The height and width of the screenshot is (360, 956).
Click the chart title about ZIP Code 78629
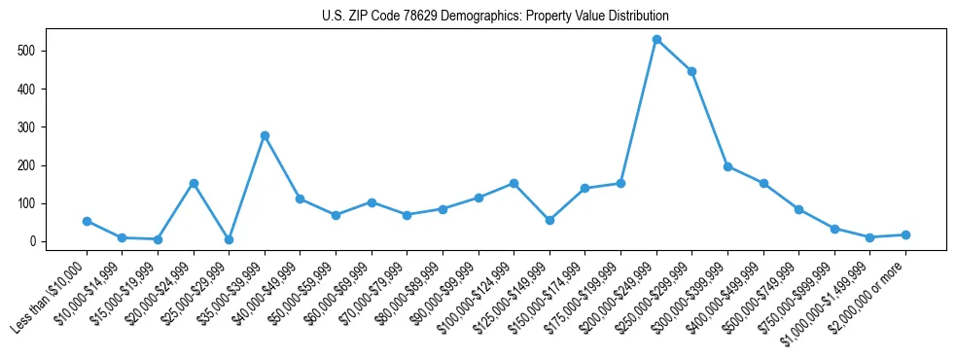495,17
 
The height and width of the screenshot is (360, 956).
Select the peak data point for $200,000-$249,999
656,40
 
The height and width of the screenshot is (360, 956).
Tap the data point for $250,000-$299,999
691,71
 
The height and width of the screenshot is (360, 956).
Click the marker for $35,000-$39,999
265,135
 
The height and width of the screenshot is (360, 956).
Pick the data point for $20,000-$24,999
194,183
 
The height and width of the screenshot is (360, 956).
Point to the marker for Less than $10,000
87,221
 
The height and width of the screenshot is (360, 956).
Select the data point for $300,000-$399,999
727,166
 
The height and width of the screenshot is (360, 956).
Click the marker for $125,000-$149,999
549,220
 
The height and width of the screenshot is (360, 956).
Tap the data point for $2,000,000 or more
905,234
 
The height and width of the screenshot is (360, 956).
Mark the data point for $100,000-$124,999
513,183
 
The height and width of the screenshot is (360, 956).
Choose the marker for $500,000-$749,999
798,209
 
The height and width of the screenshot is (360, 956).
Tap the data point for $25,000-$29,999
229,239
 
